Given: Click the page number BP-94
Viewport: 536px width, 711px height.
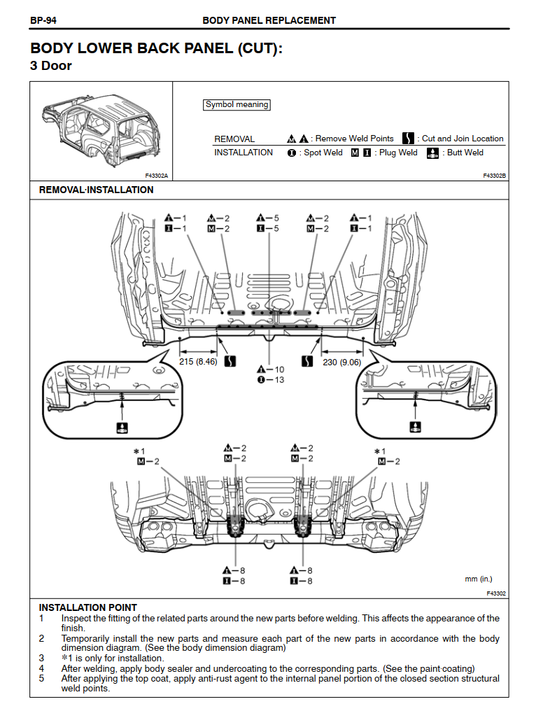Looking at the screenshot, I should [x=43, y=20].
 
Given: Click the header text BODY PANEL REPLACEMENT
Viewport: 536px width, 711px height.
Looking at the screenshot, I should [x=269, y=20].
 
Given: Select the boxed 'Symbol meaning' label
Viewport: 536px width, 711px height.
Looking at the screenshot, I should [x=237, y=104].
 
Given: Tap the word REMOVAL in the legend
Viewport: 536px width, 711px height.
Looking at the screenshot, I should [x=234, y=139].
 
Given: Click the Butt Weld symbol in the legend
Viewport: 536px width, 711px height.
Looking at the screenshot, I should [x=432, y=153].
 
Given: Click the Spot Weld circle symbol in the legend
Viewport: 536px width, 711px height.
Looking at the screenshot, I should [x=291, y=153].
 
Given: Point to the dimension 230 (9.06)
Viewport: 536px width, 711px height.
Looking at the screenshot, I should [x=341, y=362].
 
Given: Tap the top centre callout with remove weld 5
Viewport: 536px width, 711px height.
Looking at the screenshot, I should [x=268, y=218].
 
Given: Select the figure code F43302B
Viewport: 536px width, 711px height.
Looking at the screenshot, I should [x=494, y=176].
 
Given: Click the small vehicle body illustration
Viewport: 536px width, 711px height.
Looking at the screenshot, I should [x=101, y=130].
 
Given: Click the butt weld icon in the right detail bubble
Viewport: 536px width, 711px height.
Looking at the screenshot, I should [x=415, y=425].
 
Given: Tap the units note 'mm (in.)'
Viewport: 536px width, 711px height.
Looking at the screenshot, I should [x=478, y=579].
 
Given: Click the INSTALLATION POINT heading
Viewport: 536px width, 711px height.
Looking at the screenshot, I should [x=87, y=607].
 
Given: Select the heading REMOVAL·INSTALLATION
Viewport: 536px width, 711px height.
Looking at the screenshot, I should [x=96, y=190].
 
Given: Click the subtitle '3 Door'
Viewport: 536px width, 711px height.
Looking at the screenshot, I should [x=51, y=66].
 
